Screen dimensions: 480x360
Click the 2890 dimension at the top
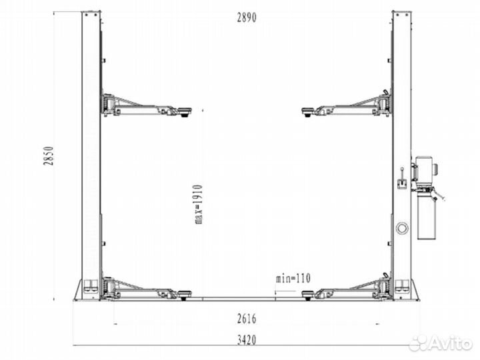(247, 18)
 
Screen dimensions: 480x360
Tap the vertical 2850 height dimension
(49, 156)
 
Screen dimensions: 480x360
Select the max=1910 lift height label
(199, 204)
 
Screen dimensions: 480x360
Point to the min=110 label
(293, 279)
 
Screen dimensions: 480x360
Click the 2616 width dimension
(247, 319)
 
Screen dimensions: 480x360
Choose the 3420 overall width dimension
(247, 340)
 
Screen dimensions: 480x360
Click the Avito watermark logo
(441, 343)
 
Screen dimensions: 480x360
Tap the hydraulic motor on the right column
(425, 169)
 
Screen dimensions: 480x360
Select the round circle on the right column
(402, 228)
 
